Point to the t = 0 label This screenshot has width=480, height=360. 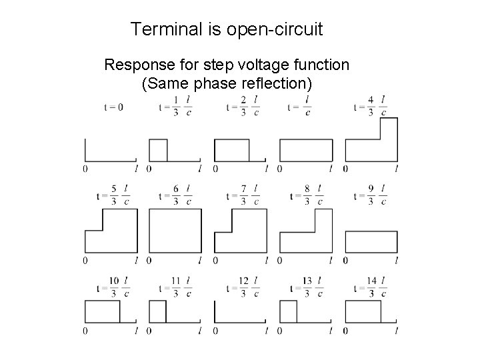(113, 107)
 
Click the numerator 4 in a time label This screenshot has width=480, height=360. (371, 100)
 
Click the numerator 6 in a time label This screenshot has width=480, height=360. (176, 190)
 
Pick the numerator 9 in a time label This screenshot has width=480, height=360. (371, 190)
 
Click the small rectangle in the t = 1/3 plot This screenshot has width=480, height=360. (158, 149)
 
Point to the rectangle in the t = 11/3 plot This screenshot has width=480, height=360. (157, 312)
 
